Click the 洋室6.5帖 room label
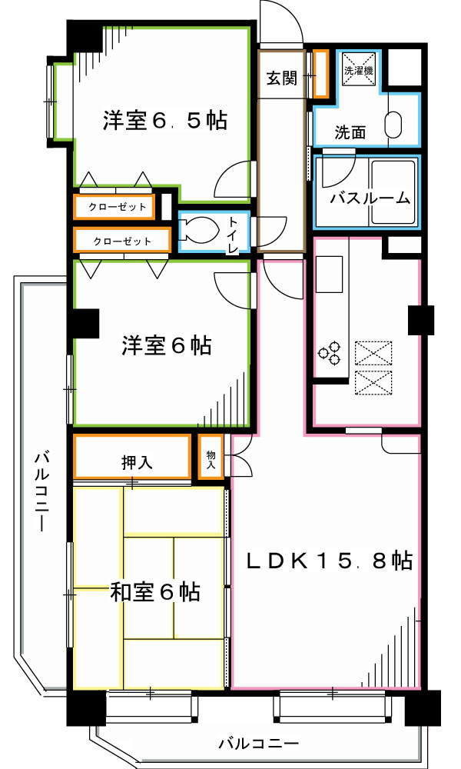click(x=164, y=121)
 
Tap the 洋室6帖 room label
click(x=166, y=346)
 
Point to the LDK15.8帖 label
click(x=330, y=560)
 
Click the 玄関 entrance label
click(x=282, y=78)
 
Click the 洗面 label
click(x=350, y=131)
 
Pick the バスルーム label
click(x=370, y=198)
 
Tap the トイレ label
click(x=233, y=235)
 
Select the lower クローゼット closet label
click(x=121, y=241)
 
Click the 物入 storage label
click(x=211, y=459)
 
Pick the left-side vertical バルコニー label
click(x=40, y=493)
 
